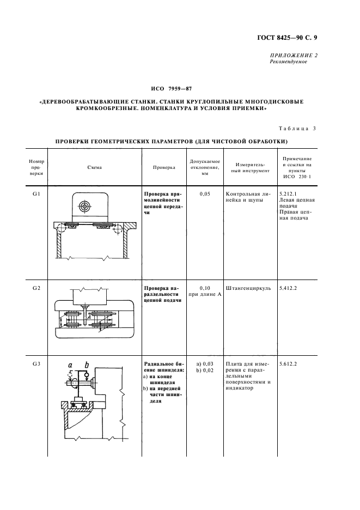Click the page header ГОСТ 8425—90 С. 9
(287, 38)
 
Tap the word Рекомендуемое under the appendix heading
(289, 62)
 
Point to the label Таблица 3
(297, 129)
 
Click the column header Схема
(95, 167)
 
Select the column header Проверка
(164, 167)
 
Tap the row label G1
(36, 194)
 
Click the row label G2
(36, 288)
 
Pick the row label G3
(36, 364)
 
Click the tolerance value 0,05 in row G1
(205, 194)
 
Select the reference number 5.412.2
(288, 288)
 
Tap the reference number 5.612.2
(288, 364)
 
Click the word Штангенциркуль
(248, 288)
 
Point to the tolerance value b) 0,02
(205, 370)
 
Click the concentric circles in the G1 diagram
(85, 205)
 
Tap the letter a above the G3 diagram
(70, 365)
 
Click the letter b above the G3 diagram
(87, 365)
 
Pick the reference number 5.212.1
(288, 194)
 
